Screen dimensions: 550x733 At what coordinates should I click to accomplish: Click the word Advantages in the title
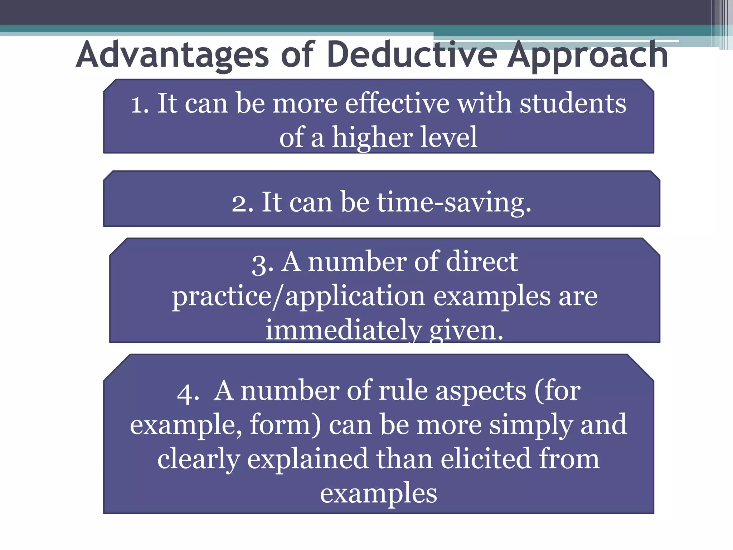click(x=172, y=55)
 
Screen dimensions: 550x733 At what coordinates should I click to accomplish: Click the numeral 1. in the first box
click(x=140, y=104)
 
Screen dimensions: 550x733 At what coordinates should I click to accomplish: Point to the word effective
click(x=397, y=103)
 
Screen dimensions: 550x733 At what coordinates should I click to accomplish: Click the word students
click(x=573, y=103)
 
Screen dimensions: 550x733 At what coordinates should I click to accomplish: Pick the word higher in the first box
click(x=372, y=138)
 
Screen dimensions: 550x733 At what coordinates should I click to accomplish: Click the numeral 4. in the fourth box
click(x=188, y=392)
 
